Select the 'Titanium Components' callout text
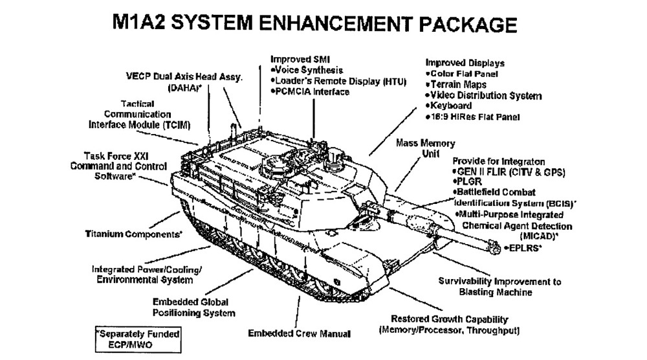click(x=134, y=234)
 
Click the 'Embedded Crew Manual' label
click(x=299, y=333)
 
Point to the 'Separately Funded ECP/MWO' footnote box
click(x=137, y=338)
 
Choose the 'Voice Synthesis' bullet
click(x=309, y=70)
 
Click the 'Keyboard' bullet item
click(x=449, y=106)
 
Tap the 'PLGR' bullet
click(x=472, y=182)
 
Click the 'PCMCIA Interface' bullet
click(x=312, y=92)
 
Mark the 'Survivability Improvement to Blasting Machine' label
click(x=500, y=287)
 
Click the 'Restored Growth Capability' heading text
click(x=450, y=320)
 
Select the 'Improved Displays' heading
click(x=465, y=63)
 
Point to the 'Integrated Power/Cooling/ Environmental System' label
click(x=142, y=275)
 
